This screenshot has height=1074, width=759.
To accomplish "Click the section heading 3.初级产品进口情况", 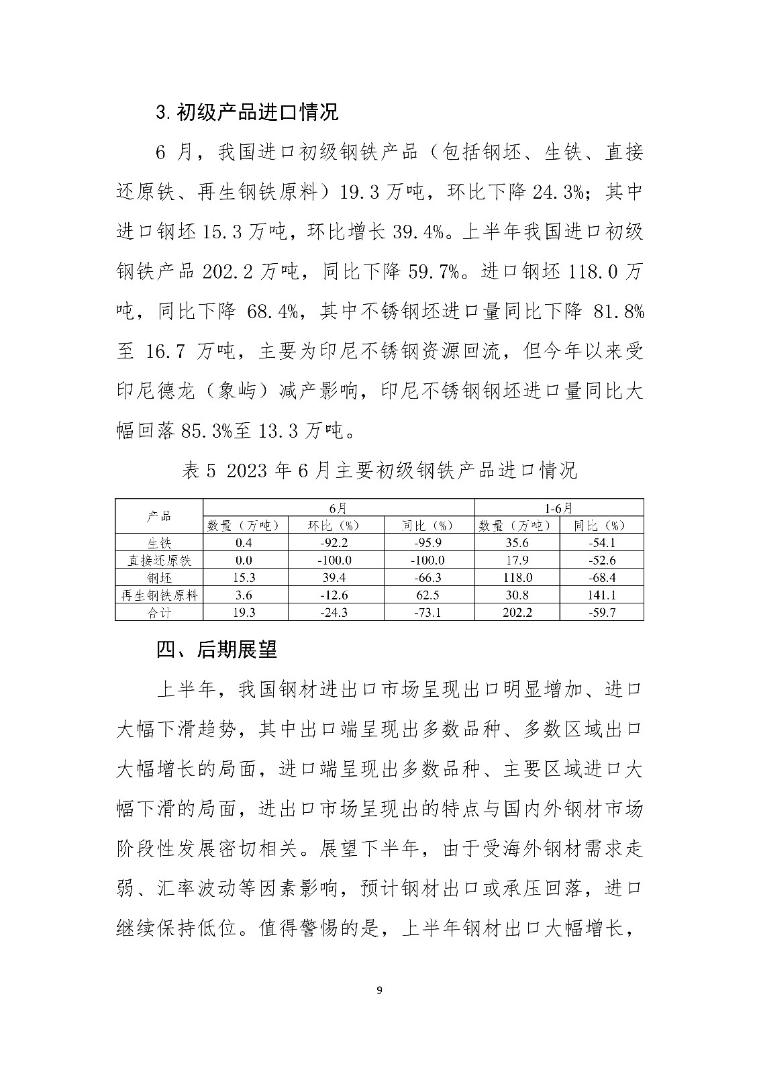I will pos(246,111).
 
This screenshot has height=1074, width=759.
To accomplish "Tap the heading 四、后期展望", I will pos(216,650).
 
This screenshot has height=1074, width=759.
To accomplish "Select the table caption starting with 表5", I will pos(379,471).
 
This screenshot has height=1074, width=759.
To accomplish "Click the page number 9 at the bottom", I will pos(380,990).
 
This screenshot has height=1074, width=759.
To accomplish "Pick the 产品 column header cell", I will pos(159,516).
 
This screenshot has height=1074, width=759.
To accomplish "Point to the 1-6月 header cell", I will pos(558,507).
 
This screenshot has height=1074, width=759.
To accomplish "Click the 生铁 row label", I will pos(159,543).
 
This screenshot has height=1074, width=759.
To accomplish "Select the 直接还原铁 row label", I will pos(159,560).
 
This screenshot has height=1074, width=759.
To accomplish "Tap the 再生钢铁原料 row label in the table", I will pos(159,595).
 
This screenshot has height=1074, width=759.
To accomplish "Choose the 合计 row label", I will pos(159,612).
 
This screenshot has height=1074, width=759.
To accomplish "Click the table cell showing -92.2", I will pos(336,543).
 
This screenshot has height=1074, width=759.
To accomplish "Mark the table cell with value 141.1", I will pos(601,595).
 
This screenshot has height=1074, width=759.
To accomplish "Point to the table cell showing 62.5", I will pos(428,595).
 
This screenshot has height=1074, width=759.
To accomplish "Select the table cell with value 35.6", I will pos(517,543).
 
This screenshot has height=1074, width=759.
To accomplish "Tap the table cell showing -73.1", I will pos(428,612).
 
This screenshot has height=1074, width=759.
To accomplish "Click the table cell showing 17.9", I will pos(517,560).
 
